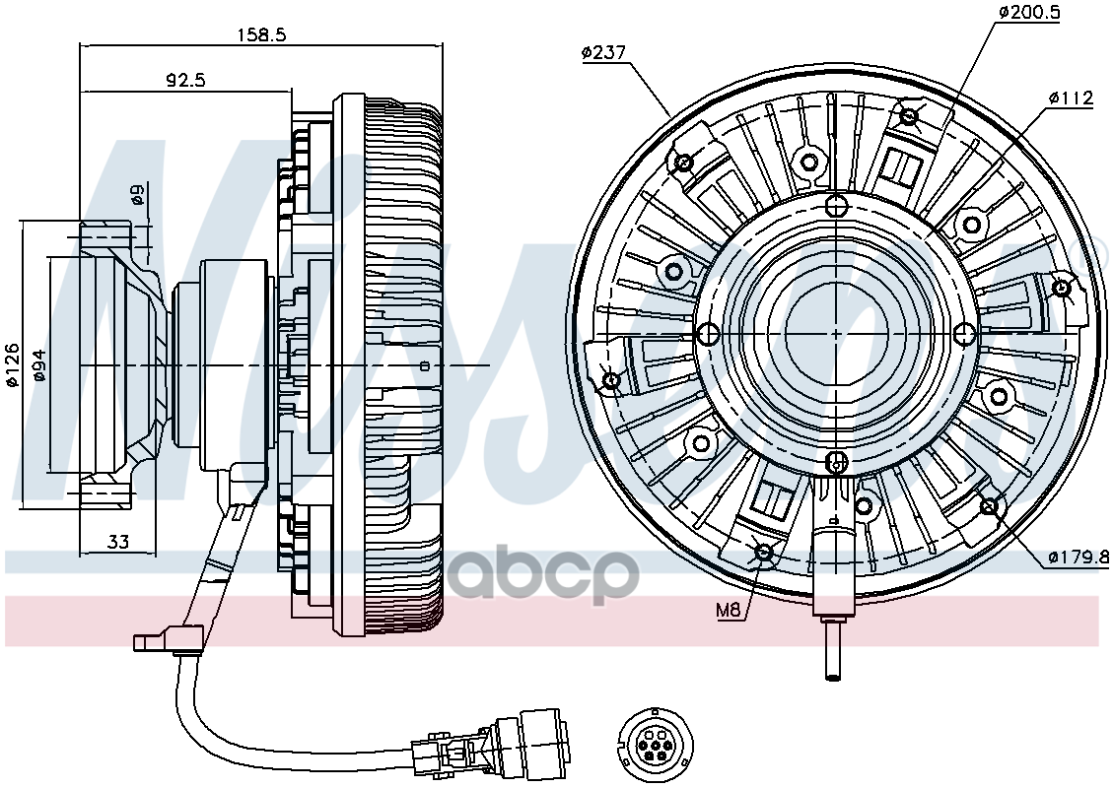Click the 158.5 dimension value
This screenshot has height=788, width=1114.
pos(260,34)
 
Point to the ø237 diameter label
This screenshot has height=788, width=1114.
pos(604,53)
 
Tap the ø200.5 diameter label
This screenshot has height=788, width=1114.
pos(1028,12)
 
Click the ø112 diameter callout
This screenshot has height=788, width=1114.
pos(1071,98)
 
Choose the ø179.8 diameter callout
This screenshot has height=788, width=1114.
pos(1078,558)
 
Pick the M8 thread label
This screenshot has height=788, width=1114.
pos(728,610)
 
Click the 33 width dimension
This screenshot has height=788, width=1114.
pos(118,541)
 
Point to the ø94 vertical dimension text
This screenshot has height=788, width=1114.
pos(39,365)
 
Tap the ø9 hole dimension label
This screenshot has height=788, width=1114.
pos(138,195)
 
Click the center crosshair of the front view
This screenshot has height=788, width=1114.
pos(836,333)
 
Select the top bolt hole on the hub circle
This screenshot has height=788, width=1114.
pos(836,206)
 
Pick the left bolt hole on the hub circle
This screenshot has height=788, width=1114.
pos(708,333)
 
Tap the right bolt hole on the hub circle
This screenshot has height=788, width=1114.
pos(964,333)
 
